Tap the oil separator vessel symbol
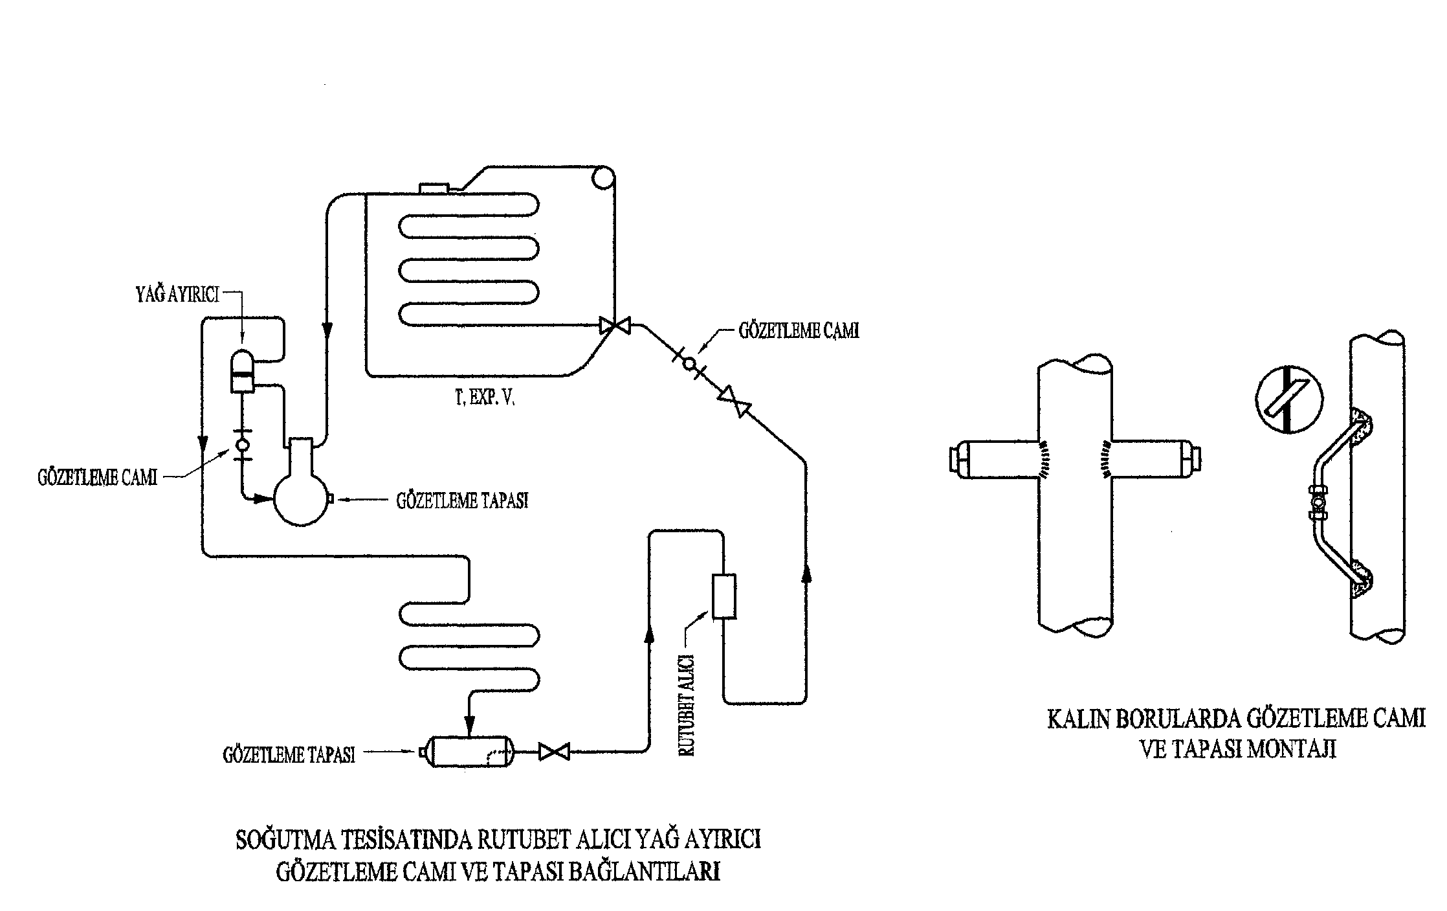tap(243, 372)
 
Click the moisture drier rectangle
tap(723, 596)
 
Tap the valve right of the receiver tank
tap(554, 752)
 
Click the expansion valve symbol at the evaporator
tap(614, 325)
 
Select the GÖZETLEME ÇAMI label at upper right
tap(799, 331)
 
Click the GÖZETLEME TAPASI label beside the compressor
tap(462, 500)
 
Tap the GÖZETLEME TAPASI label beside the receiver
tap(289, 755)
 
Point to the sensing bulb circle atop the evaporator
tap(602, 177)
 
